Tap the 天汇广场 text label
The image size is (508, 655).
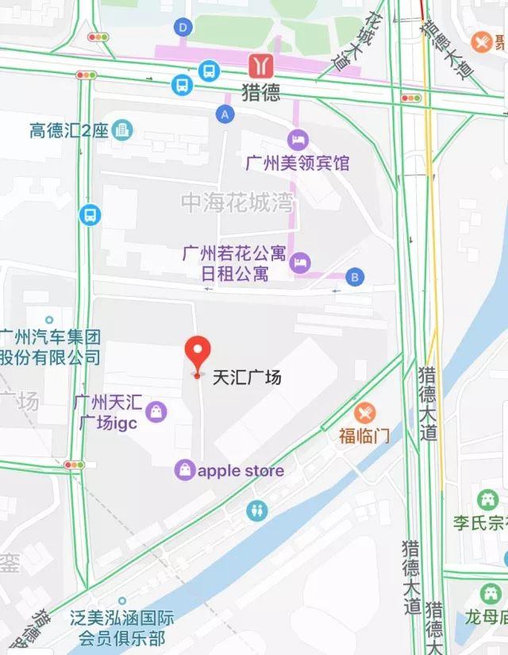coord(247,377)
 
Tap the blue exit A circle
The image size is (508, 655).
coord(226,114)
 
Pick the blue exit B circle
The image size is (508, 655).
coord(356,276)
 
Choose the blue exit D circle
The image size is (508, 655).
coord(184,27)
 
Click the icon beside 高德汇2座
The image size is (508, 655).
coord(123,129)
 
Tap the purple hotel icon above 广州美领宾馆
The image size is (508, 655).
coord(298,141)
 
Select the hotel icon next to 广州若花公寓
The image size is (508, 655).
coord(300,263)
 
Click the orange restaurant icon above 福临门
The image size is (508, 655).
coord(364,413)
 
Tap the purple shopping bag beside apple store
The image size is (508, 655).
coord(185,470)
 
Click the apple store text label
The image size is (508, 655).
coord(241,471)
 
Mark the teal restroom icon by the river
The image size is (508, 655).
coord(257,509)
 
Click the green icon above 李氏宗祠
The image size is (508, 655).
coord(487,501)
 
